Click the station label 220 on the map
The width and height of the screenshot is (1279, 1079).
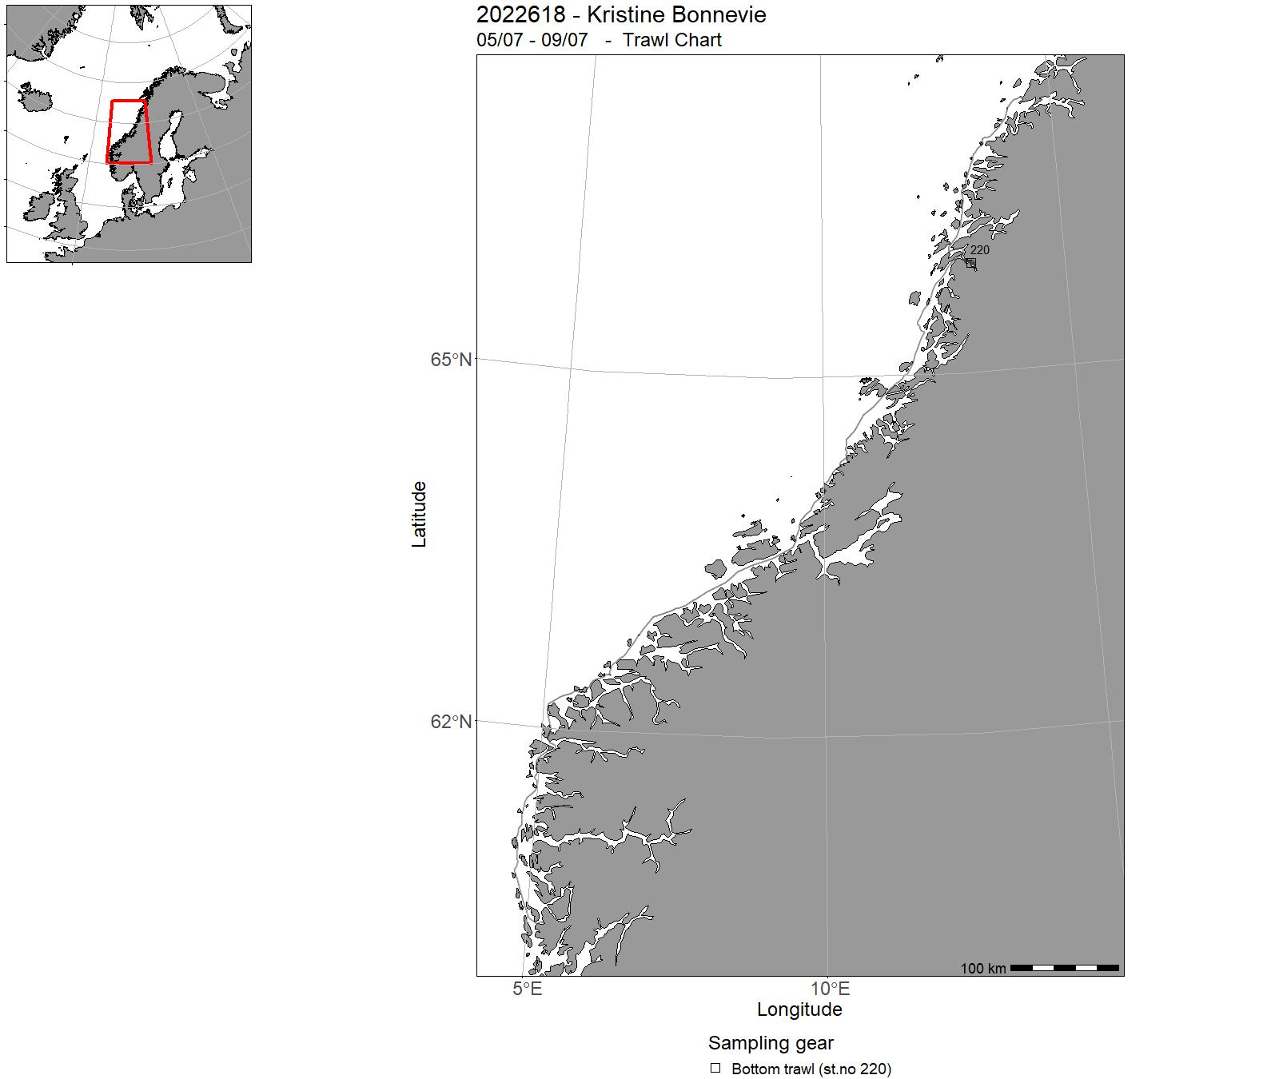pos(980,250)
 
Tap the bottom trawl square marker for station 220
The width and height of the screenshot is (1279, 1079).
pos(971,263)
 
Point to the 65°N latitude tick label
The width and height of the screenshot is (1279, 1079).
pos(451,360)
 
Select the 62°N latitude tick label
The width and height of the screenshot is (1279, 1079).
pos(451,722)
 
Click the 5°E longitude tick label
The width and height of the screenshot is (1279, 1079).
pos(528,989)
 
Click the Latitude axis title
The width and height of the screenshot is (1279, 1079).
pos(419,514)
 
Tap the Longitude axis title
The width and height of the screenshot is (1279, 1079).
pos(799,1009)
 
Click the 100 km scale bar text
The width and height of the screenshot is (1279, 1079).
pos(983,969)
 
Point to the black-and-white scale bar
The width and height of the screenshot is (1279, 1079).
pos(1064,968)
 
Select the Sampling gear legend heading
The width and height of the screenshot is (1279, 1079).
pos(771,1043)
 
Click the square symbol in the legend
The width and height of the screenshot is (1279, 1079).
pos(715,1068)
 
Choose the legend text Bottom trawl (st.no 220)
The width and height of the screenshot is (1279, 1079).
pos(811,1069)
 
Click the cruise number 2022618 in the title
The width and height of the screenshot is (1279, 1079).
pos(520,15)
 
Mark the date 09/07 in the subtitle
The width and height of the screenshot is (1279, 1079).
pos(564,40)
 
